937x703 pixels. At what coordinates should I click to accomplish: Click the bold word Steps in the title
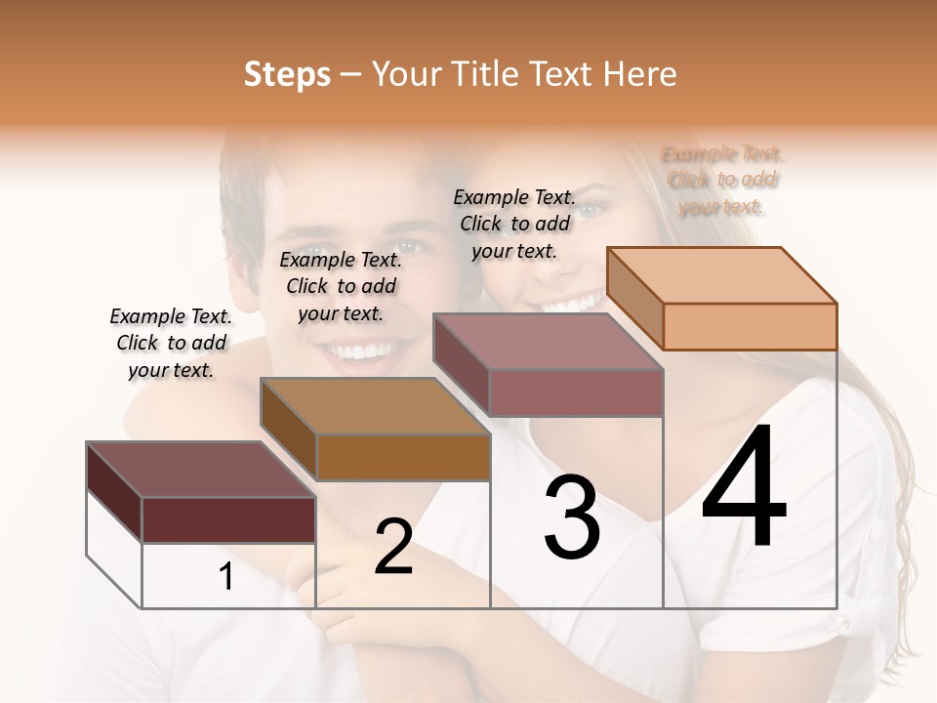tap(287, 74)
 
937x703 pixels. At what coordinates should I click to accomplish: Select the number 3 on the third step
tap(572, 517)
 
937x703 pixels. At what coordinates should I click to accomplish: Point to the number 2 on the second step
tap(394, 547)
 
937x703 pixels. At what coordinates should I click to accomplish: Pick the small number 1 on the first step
tap(226, 577)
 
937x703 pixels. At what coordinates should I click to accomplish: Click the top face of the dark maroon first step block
tap(200, 469)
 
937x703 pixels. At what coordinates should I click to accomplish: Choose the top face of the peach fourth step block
tap(722, 275)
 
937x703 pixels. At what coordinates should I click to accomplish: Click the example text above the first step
tap(172, 344)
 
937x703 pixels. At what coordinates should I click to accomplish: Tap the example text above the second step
tap(341, 286)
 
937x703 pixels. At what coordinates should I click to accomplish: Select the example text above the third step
tap(514, 224)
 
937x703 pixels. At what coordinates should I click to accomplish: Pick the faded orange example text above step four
tap(722, 181)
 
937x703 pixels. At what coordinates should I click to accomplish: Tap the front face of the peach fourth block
tap(750, 326)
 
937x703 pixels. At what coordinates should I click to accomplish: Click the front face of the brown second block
tap(403, 457)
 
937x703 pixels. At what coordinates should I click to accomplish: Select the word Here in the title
tap(640, 74)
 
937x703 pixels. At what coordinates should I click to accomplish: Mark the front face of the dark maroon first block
tap(228, 519)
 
